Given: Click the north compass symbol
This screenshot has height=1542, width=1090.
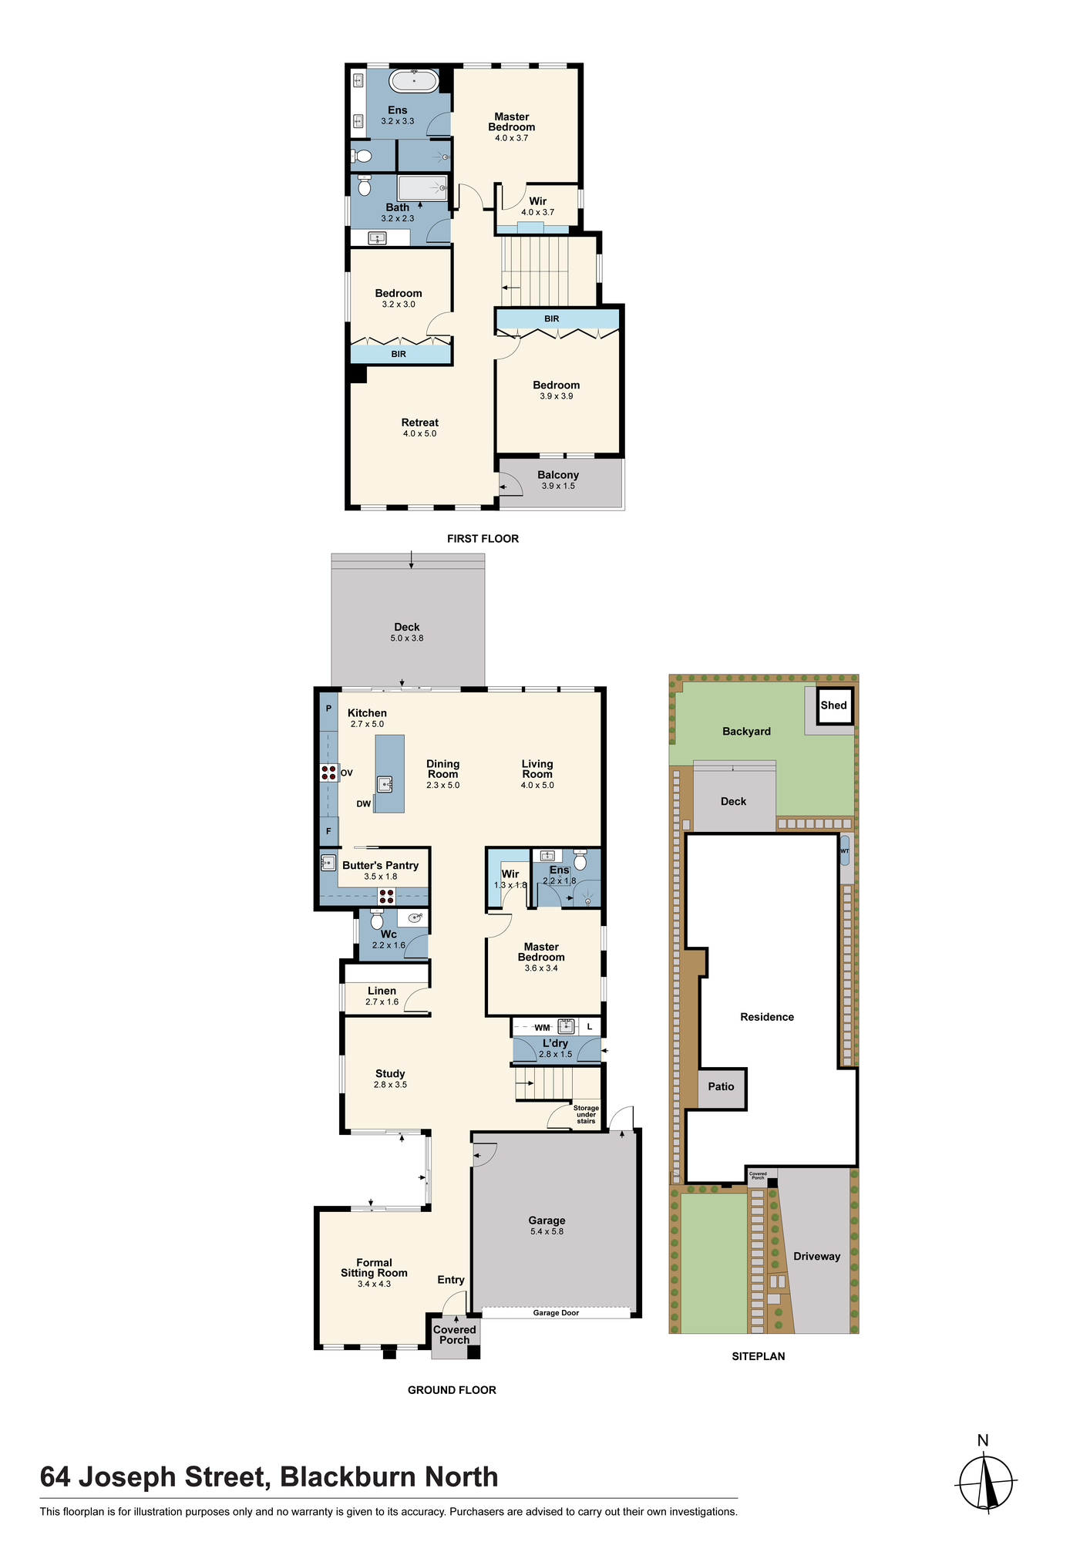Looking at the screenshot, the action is point(986,1483).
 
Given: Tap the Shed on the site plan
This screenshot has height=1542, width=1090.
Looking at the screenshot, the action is point(835,705).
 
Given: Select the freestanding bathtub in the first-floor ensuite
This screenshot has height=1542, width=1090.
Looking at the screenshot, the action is point(414,81).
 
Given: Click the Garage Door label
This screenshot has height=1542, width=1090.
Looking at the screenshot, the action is point(556,1312).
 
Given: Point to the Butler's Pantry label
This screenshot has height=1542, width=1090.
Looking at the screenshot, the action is point(381,865).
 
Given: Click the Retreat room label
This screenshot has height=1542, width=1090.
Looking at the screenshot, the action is point(420,423).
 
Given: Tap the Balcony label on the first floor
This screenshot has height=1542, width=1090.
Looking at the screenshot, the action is point(558,475).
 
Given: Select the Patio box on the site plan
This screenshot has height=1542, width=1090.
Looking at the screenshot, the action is point(722,1088).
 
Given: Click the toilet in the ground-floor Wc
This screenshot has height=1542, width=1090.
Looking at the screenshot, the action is point(377,920).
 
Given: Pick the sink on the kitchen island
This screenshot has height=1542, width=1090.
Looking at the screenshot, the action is point(385,784).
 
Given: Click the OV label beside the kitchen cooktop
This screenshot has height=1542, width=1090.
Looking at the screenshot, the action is point(347,773).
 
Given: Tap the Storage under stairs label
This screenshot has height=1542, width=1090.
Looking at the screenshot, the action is point(586,1114).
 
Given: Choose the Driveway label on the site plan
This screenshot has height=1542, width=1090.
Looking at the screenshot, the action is point(817,1256).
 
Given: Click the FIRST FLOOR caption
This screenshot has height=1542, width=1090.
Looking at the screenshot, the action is point(483,539).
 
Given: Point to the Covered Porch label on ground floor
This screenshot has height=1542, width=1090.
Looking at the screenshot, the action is point(455,1335).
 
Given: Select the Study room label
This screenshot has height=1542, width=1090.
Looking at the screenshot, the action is point(390,1073).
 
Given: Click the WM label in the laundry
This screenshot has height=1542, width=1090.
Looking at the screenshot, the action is point(543,1028).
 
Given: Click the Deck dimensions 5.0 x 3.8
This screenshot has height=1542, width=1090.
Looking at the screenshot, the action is point(407,638).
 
